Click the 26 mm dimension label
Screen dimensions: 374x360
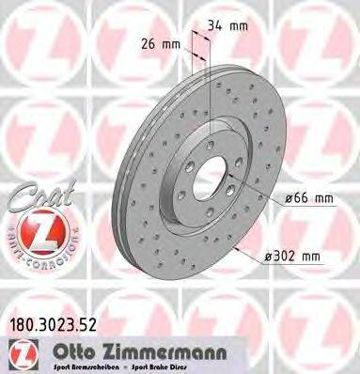(164, 43)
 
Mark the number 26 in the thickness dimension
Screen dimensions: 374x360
(156, 43)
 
